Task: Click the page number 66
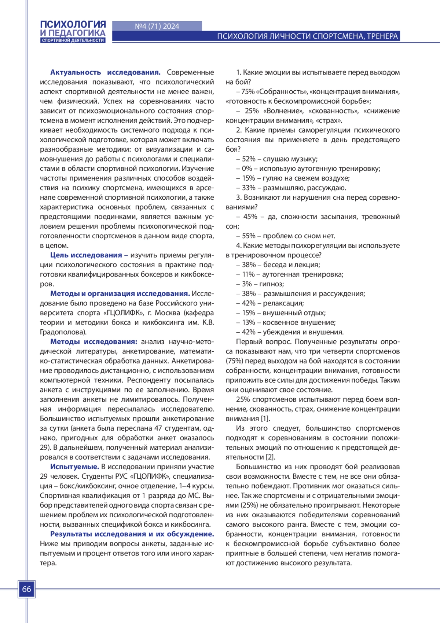(x=27, y=589)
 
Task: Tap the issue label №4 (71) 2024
(x=157, y=26)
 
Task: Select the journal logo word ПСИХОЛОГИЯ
(x=73, y=24)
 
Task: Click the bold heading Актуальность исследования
(x=105, y=72)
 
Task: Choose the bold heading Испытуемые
(x=74, y=467)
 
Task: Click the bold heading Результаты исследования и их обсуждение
(x=132, y=534)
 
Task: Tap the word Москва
(x=167, y=313)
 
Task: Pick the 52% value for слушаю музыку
(x=249, y=159)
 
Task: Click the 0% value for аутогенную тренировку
(x=247, y=169)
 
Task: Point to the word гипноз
(x=271, y=284)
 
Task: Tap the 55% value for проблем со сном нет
(x=249, y=236)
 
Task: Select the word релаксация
(x=283, y=303)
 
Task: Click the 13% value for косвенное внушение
(x=248, y=322)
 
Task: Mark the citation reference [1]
(x=265, y=419)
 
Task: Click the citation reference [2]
(x=270, y=457)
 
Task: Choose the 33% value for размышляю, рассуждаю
(x=249, y=188)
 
